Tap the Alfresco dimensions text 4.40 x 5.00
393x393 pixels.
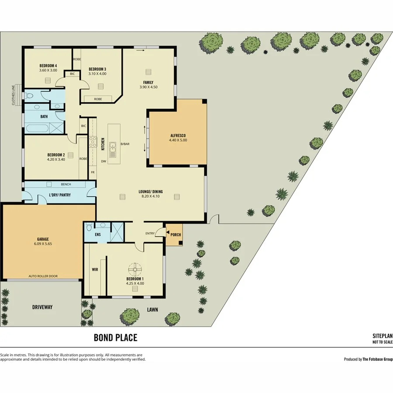tap(178, 140)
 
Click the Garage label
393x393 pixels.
tap(42, 239)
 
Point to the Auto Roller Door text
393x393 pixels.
tap(43, 276)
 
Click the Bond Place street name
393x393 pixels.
tap(115, 338)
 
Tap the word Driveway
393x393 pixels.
tap(42, 307)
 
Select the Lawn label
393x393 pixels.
tap(152, 310)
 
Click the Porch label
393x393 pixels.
tap(176, 234)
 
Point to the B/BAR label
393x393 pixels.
tap(125, 144)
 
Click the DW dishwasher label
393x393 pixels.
tap(103, 161)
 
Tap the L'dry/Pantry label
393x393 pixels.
tap(60, 195)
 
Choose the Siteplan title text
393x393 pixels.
tap(383, 336)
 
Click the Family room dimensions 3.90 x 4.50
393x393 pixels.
tap(148, 87)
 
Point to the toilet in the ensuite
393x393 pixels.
tap(88, 227)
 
